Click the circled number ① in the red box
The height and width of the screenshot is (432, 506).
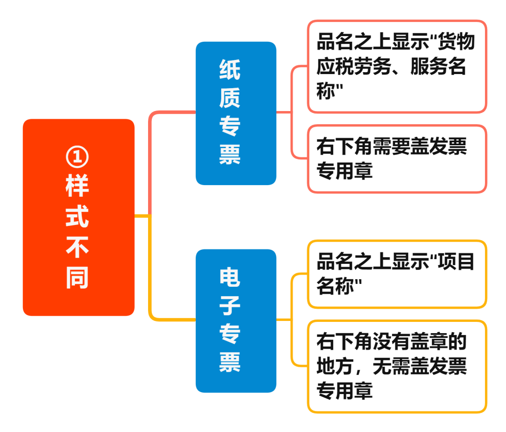77,157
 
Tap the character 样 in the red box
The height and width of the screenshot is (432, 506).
77,186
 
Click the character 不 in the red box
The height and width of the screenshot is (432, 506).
77,247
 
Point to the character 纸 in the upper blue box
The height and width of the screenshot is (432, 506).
230,70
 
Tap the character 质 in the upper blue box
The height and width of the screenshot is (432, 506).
230,98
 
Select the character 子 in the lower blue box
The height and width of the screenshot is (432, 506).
230,305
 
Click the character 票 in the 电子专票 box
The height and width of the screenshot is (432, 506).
230,362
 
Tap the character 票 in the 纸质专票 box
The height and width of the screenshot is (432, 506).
230,154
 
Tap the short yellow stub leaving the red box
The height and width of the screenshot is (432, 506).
141,216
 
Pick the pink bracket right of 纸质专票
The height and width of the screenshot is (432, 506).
291,112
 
